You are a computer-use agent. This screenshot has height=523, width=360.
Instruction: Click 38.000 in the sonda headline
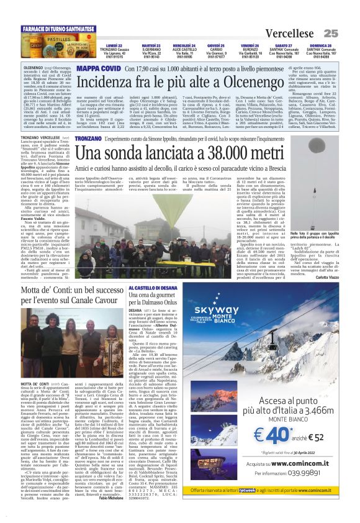point(240,153)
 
